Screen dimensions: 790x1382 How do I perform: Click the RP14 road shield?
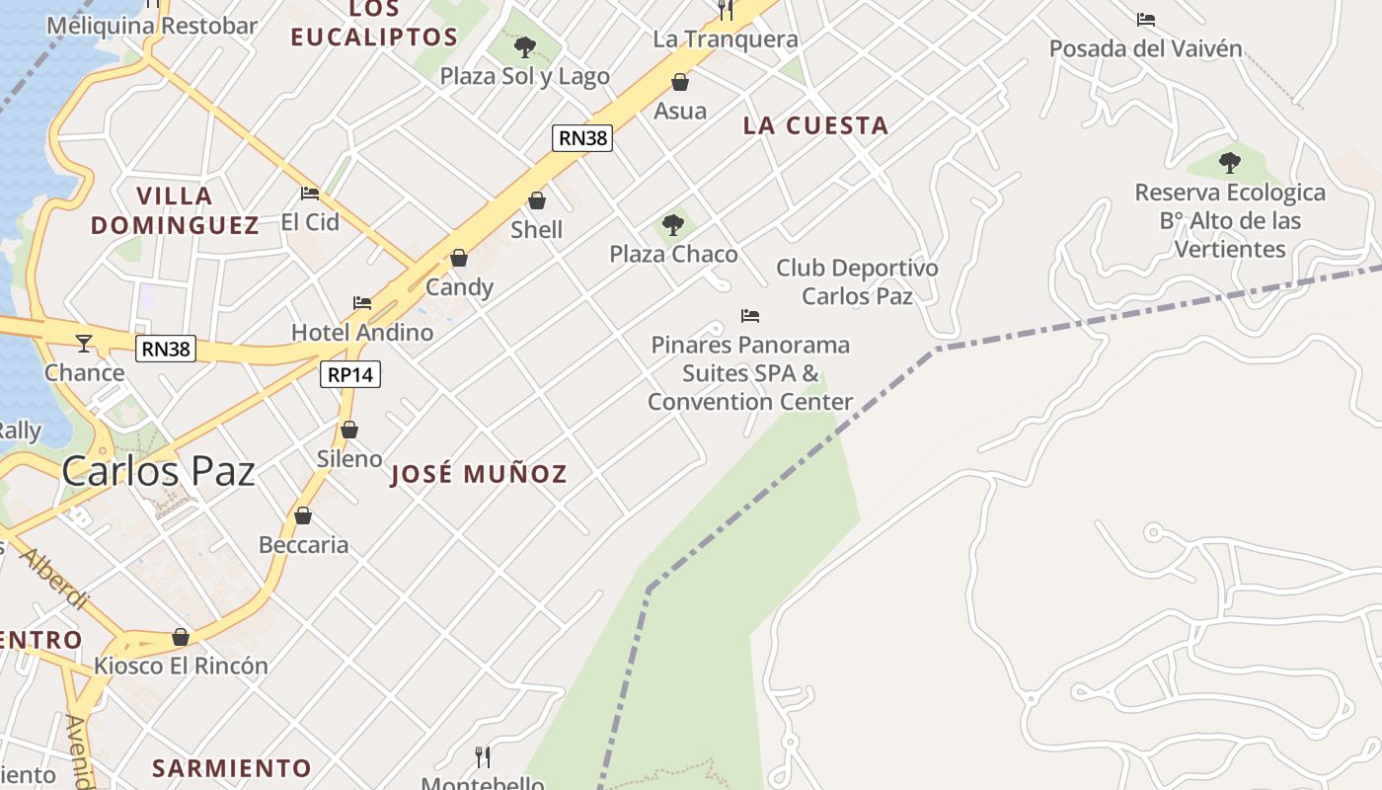pos(350,374)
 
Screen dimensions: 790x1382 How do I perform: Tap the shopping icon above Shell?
pos(537,201)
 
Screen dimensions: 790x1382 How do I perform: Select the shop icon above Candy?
pos(459,259)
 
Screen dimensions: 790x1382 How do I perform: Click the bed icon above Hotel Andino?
pos(362,303)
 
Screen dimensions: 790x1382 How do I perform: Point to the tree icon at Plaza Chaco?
pos(673,225)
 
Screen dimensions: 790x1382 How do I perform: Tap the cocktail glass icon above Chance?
pos(84,344)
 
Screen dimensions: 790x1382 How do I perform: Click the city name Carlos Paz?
pos(159,471)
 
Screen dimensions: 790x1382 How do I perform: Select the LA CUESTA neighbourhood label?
pos(815,125)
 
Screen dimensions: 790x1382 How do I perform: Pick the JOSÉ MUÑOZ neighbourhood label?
pos(479,474)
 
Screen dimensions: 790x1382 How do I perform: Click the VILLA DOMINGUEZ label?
pos(175,210)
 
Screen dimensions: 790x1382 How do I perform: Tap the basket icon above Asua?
pos(680,82)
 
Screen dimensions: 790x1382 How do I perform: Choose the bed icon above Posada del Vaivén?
pos(1145,20)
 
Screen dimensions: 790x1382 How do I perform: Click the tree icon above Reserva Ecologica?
pos(1229,163)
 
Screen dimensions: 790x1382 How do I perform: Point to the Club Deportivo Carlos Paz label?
pos(857,281)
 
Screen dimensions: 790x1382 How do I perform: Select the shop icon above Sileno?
pos(348,431)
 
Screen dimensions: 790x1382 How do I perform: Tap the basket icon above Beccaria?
pos(303,516)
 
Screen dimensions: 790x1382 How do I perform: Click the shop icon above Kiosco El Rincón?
pos(181,637)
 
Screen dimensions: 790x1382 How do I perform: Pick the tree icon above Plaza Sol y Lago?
pos(525,46)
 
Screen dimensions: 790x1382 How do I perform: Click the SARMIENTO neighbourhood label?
pos(232,767)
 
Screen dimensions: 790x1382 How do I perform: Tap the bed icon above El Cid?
pos(310,194)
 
